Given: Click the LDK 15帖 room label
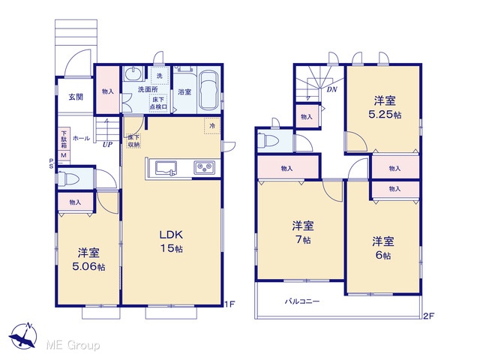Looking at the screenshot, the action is (x=172, y=241).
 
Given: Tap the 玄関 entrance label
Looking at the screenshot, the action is (x=76, y=97).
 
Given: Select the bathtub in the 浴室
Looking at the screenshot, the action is (x=208, y=90).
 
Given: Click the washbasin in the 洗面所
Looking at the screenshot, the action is (x=133, y=73).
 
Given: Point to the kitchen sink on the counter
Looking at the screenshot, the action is (x=166, y=168).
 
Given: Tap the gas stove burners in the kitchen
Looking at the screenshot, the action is (x=205, y=168).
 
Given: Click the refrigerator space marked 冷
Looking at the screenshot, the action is (x=212, y=125).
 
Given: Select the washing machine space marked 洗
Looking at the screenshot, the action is (x=160, y=76).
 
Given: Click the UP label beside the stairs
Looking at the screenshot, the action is (x=107, y=144).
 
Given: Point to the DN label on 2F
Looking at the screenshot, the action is (x=331, y=89).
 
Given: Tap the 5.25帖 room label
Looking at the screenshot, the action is (x=385, y=107).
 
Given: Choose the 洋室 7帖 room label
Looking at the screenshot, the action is (x=303, y=232).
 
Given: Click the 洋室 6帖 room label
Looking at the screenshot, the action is (x=383, y=247).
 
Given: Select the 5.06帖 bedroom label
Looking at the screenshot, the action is (x=88, y=259).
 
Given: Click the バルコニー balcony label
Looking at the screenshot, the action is (x=302, y=301).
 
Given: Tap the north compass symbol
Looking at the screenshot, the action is (x=23, y=336).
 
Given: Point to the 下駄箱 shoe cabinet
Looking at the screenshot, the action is (x=64, y=139).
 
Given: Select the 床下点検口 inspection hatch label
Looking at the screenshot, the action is (x=158, y=103).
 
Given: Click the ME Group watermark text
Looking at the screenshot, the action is (x=73, y=345).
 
